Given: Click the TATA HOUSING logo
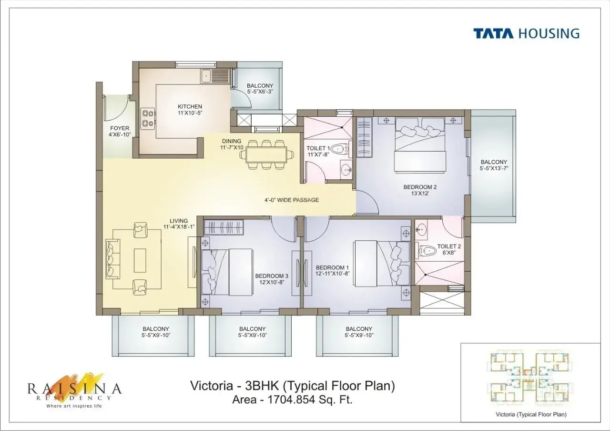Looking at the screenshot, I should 526,33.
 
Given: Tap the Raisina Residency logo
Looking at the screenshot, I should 74,389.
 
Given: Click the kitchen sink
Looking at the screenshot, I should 214,76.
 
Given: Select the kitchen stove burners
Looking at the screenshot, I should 147,118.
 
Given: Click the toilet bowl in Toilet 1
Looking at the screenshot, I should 338,150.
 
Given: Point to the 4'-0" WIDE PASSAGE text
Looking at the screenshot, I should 292,200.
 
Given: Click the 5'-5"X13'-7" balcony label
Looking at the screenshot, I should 494,165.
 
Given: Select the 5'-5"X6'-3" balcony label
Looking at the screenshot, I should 260,89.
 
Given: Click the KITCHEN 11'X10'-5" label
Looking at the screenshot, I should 190,110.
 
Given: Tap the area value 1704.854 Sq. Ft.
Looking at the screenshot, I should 292,400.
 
